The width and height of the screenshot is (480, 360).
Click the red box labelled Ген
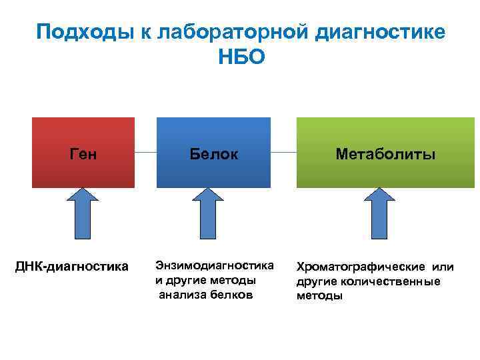(83, 153)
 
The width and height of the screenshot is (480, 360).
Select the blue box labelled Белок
(213, 153)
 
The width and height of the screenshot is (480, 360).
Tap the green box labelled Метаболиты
(385, 153)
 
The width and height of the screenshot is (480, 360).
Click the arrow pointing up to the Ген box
(83, 213)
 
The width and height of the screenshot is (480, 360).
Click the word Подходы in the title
(79, 31)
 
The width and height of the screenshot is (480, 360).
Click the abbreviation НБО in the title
(241, 57)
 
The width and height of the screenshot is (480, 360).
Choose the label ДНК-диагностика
(72, 267)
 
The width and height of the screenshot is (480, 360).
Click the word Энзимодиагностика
(214, 265)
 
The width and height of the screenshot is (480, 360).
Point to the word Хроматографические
(353, 267)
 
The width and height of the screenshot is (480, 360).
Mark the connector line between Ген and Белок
(145, 153)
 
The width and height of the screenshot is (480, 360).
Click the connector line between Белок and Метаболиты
(283, 153)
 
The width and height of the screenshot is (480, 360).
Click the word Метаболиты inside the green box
(385, 155)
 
